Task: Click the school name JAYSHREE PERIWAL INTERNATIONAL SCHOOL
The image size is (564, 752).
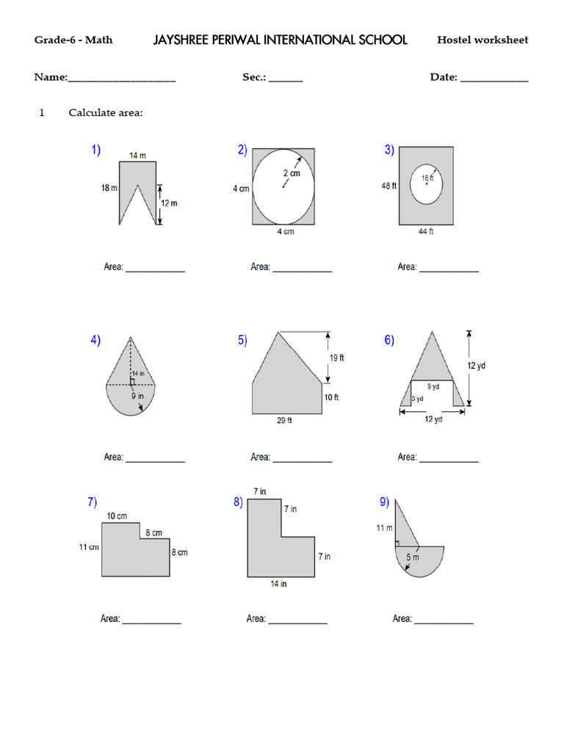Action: pyautogui.click(x=280, y=40)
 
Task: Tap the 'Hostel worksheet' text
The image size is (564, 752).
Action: pyautogui.click(x=482, y=40)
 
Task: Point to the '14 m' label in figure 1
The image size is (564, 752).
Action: pyautogui.click(x=137, y=156)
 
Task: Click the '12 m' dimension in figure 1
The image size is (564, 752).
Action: pyautogui.click(x=169, y=203)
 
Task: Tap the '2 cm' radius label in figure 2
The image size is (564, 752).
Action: pyautogui.click(x=292, y=173)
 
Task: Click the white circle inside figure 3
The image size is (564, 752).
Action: pyautogui.click(x=427, y=184)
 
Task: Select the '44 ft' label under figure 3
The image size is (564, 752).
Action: pyautogui.click(x=426, y=231)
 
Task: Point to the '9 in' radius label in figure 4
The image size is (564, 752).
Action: pyautogui.click(x=137, y=397)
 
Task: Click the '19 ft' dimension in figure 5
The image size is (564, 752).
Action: pyautogui.click(x=336, y=358)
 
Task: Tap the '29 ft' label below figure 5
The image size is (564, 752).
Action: pyautogui.click(x=284, y=422)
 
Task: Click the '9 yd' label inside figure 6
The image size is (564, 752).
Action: pyautogui.click(x=433, y=386)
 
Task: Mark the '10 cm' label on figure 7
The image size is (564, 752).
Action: pyautogui.click(x=117, y=516)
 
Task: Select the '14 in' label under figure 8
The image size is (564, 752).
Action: pyautogui.click(x=278, y=584)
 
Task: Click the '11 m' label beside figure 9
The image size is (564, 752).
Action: pyautogui.click(x=384, y=528)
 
